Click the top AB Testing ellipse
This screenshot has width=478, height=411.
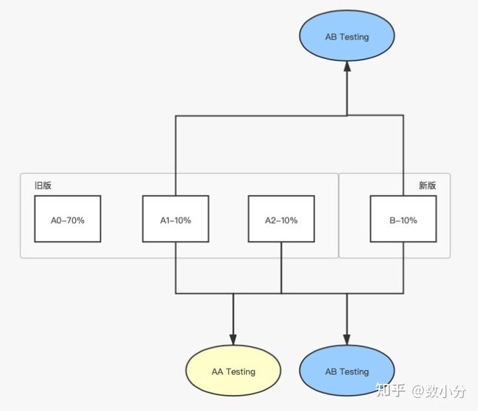[347, 36]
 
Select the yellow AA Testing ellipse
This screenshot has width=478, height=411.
[233, 371]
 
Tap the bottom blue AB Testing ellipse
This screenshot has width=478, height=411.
[347, 371]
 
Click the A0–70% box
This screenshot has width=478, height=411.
[68, 219]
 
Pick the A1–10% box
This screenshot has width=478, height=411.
[175, 219]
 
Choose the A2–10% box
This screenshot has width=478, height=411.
[281, 219]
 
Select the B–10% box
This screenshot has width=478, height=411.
[403, 219]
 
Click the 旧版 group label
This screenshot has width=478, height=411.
[43, 185]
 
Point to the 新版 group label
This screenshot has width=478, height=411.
[427, 185]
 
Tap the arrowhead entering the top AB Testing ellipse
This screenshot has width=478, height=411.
[347, 66]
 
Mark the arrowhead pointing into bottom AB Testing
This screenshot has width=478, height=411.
[347, 339]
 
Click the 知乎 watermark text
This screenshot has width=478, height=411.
[391, 391]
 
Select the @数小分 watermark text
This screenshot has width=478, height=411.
[438, 391]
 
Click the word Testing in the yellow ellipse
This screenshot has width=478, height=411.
[241, 372]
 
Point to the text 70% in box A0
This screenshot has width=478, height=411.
[76, 220]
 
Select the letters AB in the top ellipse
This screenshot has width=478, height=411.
[331, 37]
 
